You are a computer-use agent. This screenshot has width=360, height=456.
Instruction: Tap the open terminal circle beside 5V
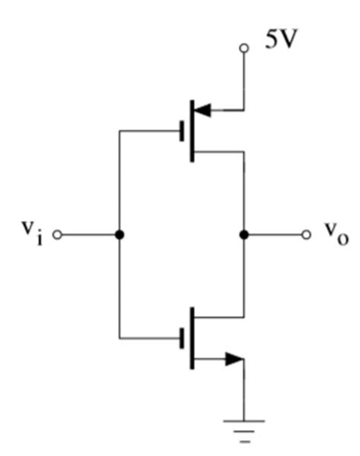click(244, 48)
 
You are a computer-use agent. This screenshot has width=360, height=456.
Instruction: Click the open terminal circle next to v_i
click(55, 235)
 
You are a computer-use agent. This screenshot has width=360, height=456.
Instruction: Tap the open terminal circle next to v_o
click(306, 235)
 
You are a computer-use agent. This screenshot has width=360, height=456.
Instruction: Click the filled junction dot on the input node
click(119, 235)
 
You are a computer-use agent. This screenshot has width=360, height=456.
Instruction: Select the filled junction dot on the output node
click(244, 235)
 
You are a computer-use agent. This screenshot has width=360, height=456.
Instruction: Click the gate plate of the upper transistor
click(182, 131)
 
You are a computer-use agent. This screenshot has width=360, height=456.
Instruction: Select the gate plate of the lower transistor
click(182, 338)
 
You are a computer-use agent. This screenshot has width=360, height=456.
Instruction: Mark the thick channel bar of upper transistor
click(192, 131)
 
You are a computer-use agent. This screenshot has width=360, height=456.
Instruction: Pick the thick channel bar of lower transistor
click(192, 338)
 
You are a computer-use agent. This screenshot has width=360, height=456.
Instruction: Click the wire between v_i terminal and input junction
click(87, 235)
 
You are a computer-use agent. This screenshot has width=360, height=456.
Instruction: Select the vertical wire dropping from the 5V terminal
click(244, 80)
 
